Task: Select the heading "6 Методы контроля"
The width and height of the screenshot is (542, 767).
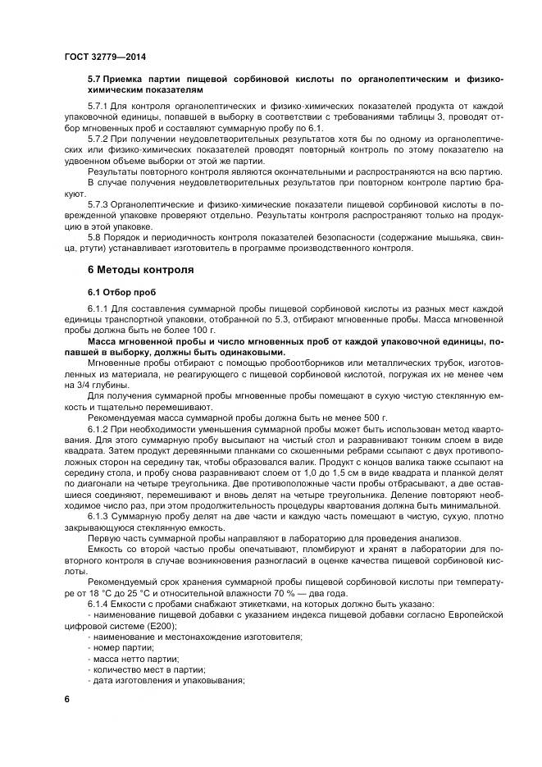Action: [137, 270]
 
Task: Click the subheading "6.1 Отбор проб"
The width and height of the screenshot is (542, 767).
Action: [121, 291]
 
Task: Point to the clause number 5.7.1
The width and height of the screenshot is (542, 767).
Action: [98, 107]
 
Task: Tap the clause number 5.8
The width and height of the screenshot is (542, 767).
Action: [94, 236]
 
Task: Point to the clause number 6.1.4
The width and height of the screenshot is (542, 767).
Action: [98, 603]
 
